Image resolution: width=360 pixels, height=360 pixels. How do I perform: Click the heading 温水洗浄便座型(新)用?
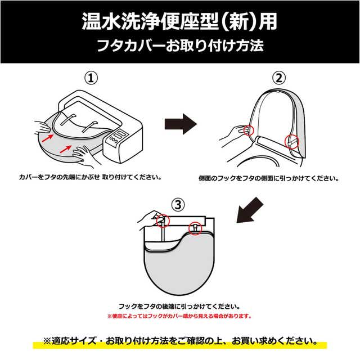[x=179, y=22]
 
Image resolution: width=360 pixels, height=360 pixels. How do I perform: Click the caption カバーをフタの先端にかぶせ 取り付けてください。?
[x=90, y=177]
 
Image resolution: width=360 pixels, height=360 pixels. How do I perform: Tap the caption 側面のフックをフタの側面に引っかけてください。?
[x=269, y=178]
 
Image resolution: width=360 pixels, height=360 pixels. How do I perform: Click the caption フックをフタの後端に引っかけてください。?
[x=179, y=307]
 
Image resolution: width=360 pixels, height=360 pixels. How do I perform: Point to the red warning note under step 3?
[x=179, y=316]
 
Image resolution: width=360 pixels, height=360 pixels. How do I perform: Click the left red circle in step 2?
[x=250, y=130]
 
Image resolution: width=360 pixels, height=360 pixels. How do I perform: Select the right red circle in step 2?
[x=291, y=141]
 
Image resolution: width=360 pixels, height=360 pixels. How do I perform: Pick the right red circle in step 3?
[x=196, y=228]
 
